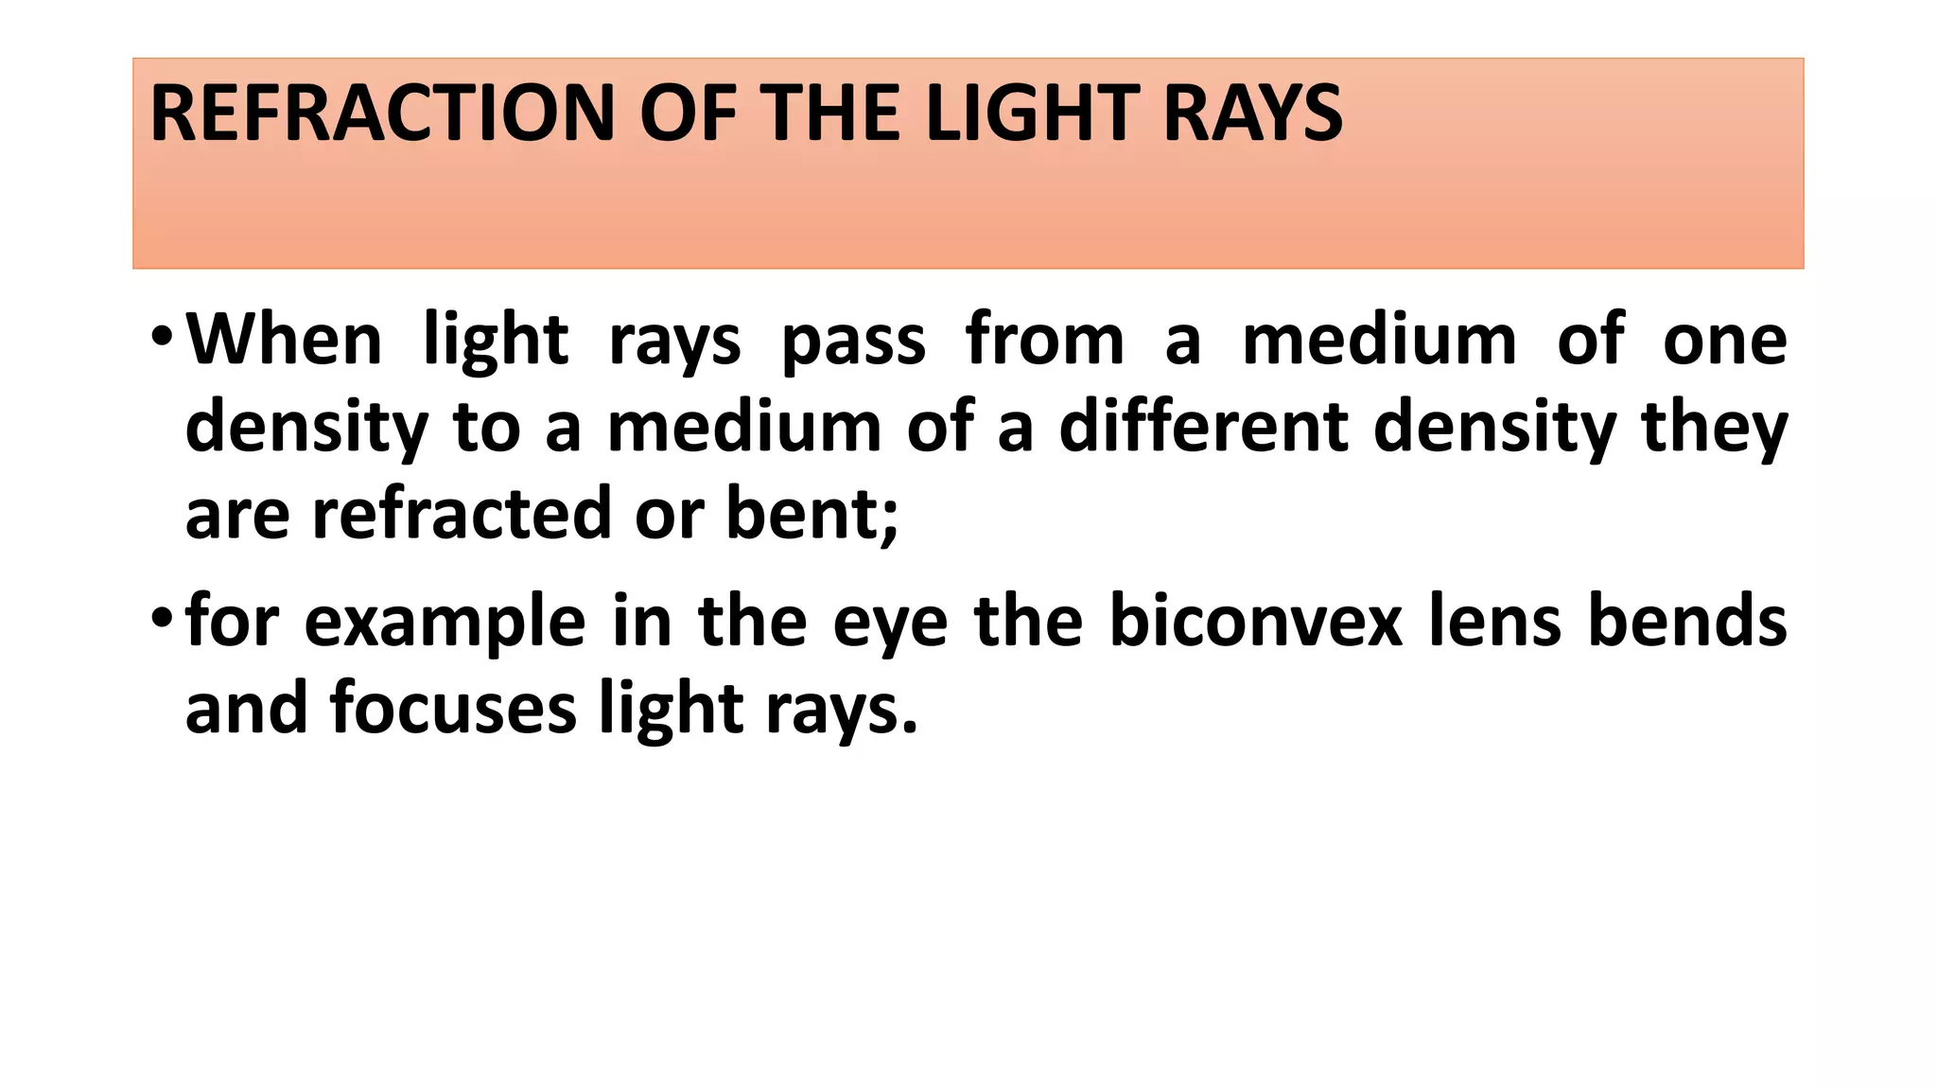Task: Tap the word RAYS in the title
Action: (1251, 114)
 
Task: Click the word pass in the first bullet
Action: (853, 341)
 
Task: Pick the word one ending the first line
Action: (1725, 341)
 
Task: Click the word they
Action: (1714, 428)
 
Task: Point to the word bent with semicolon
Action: (811, 514)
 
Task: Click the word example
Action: (445, 623)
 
